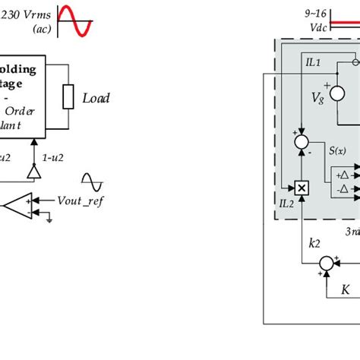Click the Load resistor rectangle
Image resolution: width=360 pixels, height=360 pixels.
[68, 97]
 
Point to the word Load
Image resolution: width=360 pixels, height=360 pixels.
[96, 98]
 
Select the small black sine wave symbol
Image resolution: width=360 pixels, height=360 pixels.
[92, 183]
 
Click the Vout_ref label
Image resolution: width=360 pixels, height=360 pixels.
[80, 201]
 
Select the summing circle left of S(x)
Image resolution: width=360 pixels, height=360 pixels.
[302, 142]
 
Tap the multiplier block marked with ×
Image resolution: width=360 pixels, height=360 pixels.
[302, 187]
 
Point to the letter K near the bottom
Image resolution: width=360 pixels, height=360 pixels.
[346, 289]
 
